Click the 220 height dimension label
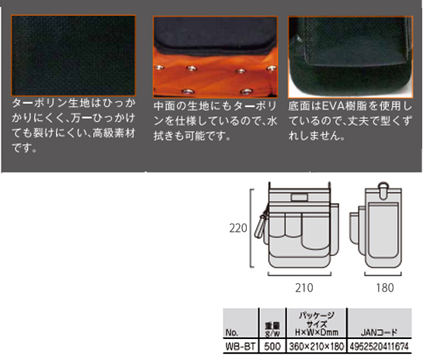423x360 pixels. (238, 228)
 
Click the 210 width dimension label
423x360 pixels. (304, 288)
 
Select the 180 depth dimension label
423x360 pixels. (385, 288)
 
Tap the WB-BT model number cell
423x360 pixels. (241, 346)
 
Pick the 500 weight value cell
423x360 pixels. (272, 346)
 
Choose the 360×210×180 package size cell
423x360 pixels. (317, 346)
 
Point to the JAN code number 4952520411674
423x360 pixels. (380, 346)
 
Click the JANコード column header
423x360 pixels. (379, 332)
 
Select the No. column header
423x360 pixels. (232, 333)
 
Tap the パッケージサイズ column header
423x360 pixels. (317, 324)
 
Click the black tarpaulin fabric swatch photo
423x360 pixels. (73, 56)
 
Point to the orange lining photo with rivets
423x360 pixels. (215, 57)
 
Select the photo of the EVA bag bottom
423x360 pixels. (351, 57)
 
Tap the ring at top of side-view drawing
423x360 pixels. (383, 185)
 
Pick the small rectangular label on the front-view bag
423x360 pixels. (300, 197)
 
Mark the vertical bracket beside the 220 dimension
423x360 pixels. (251, 228)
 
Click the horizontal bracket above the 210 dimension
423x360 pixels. (300, 274)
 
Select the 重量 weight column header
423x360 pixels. (272, 330)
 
